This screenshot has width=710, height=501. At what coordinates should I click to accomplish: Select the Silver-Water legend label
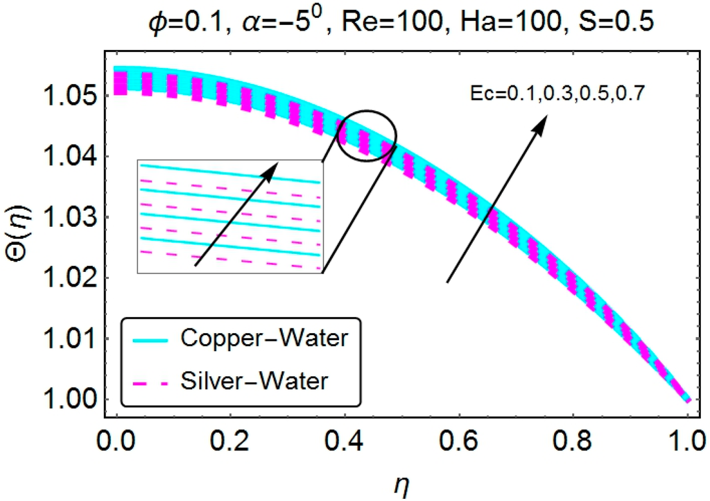click(x=263, y=380)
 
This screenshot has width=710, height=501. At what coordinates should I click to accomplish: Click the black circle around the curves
click(x=367, y=135)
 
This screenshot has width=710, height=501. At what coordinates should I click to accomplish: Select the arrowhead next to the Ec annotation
click(x=541, y=119)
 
